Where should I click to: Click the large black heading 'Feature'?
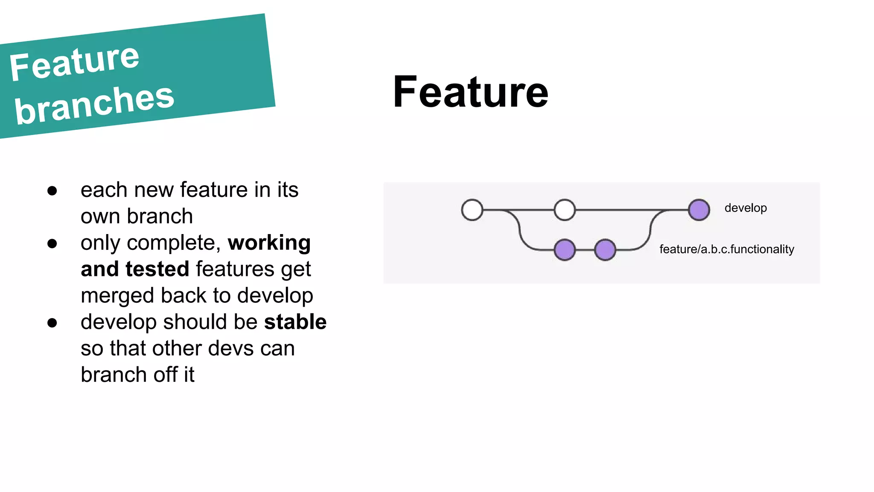pyautogui.click(x=470, y=92)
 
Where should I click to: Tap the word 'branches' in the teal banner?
pyautogui.click(x=94, y=104)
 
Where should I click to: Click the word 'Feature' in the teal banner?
pyautogui.click(x=75, y=63)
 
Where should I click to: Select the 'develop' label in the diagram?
pyautogui.click(x=745, y=208)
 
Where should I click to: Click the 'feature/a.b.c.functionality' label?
pyautogui.click(x=726, y=249)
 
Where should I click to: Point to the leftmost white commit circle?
pyautogui.click(x=472, y=210)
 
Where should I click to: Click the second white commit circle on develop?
pyautogui.click(x=565, y=210)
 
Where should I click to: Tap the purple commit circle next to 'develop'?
pyautogui.click(x=699, y=210)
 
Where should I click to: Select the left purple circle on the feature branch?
pyautogui.click(x=565, y=250)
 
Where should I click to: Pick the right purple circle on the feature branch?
pyautogui.click(x=605, y=250)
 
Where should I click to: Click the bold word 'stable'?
pyautogui.click(x=295, y=322)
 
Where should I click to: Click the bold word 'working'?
pyautogui.click(x=269, y=243)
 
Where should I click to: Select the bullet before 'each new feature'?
pyautogui.click(x=52, y=191)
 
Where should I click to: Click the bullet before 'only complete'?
pyautogui.click(x=52, y=244)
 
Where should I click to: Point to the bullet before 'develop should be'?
pyautogui.click(x=52, y=323)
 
